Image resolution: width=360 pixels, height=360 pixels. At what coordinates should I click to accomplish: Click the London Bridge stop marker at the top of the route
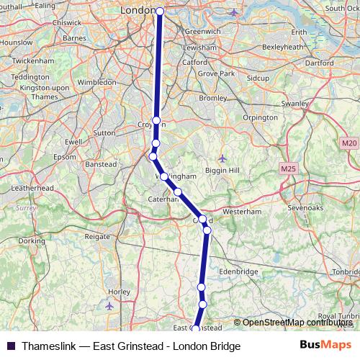(x=160, y=12)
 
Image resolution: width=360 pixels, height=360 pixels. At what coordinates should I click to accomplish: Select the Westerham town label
(x=240, y=212)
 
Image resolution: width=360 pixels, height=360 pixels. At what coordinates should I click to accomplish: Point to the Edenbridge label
(x=239, y=271)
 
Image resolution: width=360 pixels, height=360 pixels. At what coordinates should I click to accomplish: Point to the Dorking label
(x=31, y=240)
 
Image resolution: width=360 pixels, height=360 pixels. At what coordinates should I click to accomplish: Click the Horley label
(x=118, y=292)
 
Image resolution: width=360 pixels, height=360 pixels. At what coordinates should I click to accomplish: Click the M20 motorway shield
(x=349, y=144)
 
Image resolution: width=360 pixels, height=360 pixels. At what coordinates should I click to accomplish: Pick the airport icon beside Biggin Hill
(x=222, y=158)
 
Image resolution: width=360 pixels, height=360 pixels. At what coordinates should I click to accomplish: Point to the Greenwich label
(x=197, y=32)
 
